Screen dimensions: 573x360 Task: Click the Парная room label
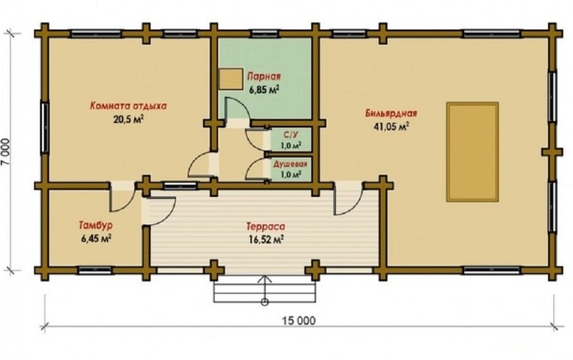[x=264, y=77]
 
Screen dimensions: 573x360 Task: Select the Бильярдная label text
[x=391, y=113]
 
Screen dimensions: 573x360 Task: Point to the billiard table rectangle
[x=473, y=152]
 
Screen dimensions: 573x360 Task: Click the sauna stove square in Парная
[x=231, y=79]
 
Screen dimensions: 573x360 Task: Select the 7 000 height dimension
[x=7, y=152]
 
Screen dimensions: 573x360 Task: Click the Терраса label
[x=266, y=226]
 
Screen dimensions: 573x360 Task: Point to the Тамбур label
[x=96, y=225]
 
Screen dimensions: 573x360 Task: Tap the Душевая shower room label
[x=291, y=164]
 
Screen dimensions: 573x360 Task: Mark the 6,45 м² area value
[x=96, y=239]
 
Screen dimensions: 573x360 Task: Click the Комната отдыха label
[x=128, y=106]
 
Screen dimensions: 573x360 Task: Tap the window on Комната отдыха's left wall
[x=45, y=128]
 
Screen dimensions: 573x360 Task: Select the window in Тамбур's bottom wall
[x=95, y=270]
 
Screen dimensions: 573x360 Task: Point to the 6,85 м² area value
[x=264, y=90]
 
